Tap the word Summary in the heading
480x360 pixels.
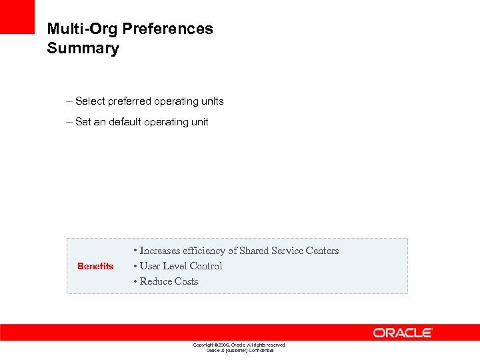tap(83, 49)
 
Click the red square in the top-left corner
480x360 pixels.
tap(17, 17)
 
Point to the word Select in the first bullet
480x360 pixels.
tap(90, 101)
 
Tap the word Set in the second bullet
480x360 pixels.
tap(83, 122)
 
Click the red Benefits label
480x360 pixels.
tap(95, 266)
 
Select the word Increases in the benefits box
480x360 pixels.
tap(160, 251)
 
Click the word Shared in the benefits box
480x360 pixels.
tap(254, 251)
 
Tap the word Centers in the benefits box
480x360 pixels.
tap(322, 251)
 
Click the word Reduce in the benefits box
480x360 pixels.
tap(155, 281)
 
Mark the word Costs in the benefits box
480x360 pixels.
tap(186, 281)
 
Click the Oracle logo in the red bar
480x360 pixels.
tap(403, 332)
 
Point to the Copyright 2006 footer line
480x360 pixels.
tap(239, 345)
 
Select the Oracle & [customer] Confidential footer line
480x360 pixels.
tap(239, 350)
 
